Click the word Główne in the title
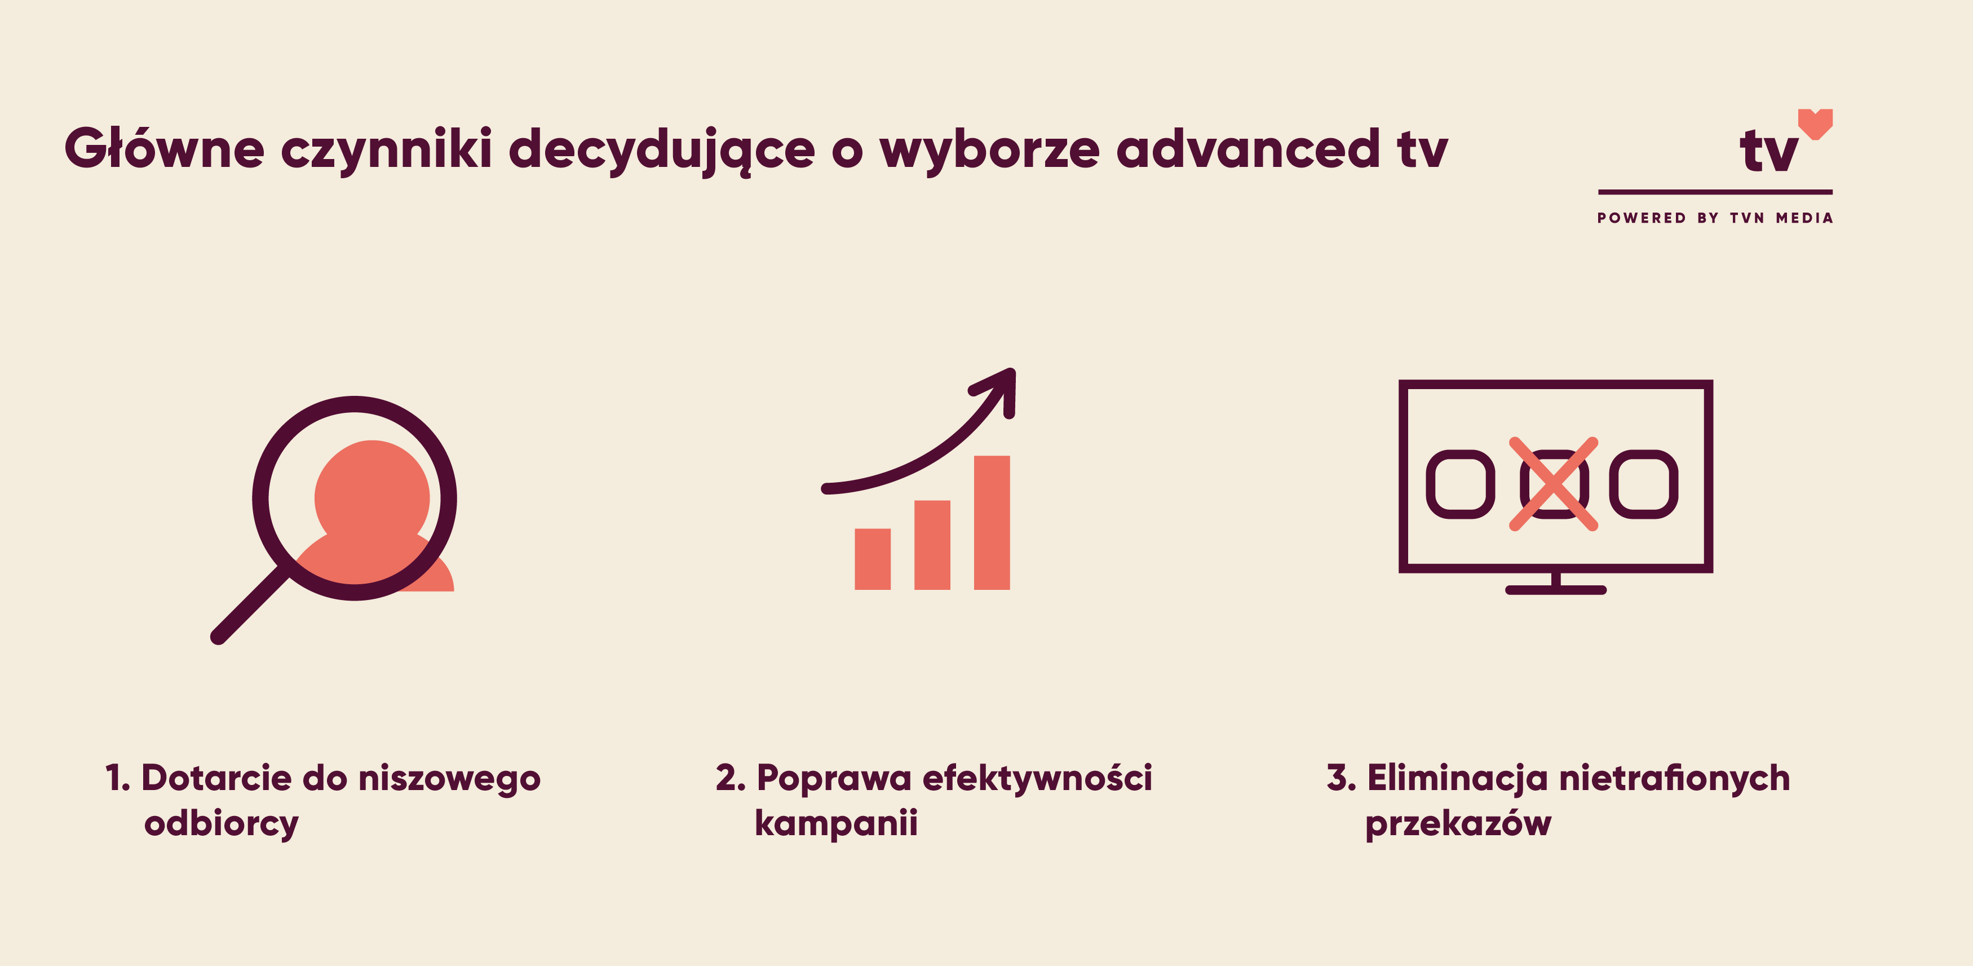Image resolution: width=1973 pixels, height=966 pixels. (165, 148)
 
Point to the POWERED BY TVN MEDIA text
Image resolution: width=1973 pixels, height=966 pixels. (1715, 218)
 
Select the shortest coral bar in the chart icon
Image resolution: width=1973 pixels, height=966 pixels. (873, 559)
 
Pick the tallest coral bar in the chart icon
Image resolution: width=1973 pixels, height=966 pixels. (992, 522)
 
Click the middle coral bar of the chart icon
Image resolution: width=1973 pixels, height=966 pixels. (932, 545)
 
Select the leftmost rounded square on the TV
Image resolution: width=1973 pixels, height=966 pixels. (1460, 484)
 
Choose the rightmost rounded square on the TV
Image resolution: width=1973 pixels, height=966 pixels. (1644, 484)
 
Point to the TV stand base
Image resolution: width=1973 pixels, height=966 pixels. (1556, 590)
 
